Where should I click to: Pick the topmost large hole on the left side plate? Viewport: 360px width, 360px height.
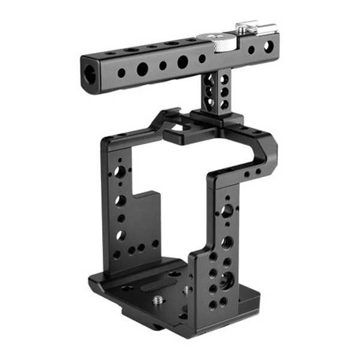coord(120,173)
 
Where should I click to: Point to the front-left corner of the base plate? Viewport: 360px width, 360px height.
coord(94,281)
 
